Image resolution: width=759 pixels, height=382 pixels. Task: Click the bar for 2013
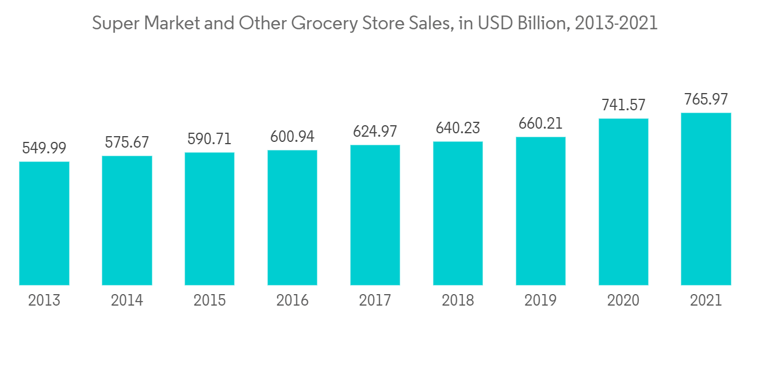tap(44, 223)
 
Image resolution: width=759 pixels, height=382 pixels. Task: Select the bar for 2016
tap(292, 218)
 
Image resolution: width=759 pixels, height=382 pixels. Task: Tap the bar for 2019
tap(540, 211)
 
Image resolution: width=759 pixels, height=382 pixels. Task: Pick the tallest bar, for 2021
tap(706, 199)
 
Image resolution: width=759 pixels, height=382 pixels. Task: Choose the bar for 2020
tap(623, 202)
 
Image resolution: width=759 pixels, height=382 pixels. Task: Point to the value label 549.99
tap(44, 148)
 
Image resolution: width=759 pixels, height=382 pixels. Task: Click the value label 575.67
tap(127, 142)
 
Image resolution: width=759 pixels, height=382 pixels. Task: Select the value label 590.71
tap(210, 139)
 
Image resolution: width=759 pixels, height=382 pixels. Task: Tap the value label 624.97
tap(375, 132)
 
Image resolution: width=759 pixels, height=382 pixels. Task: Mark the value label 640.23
tap(458, 128)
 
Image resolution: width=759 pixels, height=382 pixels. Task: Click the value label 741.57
tap(623, 105)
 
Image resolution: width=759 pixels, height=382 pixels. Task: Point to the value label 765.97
tap(706, 99)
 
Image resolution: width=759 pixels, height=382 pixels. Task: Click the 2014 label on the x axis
tap(127, 300)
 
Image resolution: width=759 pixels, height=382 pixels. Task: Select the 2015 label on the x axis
tap(210, 300)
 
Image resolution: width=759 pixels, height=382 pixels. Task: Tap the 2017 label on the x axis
tap(375, 300)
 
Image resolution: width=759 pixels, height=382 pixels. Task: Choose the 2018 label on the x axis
tap(458, 300)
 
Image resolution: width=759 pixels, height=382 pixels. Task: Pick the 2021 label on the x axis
tap(706, 300)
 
